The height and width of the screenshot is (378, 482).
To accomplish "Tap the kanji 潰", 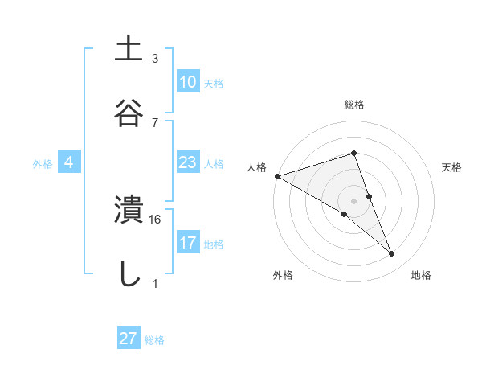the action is click(x=129, y=210).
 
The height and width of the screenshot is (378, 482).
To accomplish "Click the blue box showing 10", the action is click(x=187, y=82).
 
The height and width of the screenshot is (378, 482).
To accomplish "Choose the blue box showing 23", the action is click(x=187, y=162).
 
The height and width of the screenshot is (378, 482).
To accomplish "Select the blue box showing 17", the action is click(x=187, y=243).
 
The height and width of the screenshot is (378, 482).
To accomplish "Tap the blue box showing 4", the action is click(x=69, y=162).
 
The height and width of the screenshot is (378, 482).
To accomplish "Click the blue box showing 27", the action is click(x=128, y=339).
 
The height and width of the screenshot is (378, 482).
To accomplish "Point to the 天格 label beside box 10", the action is click(x=214, y=83).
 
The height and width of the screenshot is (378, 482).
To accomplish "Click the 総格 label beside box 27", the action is click(x=154, y=340).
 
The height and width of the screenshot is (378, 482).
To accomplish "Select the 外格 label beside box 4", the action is click(x=43, y=163).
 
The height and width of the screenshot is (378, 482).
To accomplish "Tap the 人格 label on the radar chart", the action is click(x=256, y=166).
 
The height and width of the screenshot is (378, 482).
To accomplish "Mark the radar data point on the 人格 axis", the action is click(x=277, y=176).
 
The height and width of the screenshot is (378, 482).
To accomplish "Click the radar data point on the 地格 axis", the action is click(x=392, y=254).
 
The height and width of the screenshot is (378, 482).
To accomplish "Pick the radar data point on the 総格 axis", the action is click(x=353, y=153).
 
